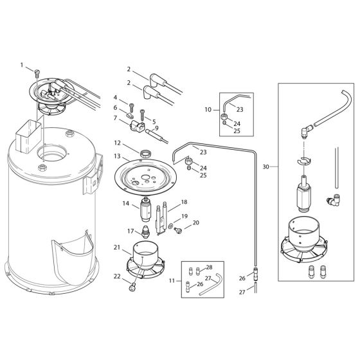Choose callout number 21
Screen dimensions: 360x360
(116, 247)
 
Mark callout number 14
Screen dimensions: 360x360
(126, 203)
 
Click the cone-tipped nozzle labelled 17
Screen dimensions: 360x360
(148, 231)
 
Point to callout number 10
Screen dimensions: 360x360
(208, 109)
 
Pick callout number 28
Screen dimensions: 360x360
(209, 266)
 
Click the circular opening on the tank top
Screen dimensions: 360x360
(52, 154)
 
